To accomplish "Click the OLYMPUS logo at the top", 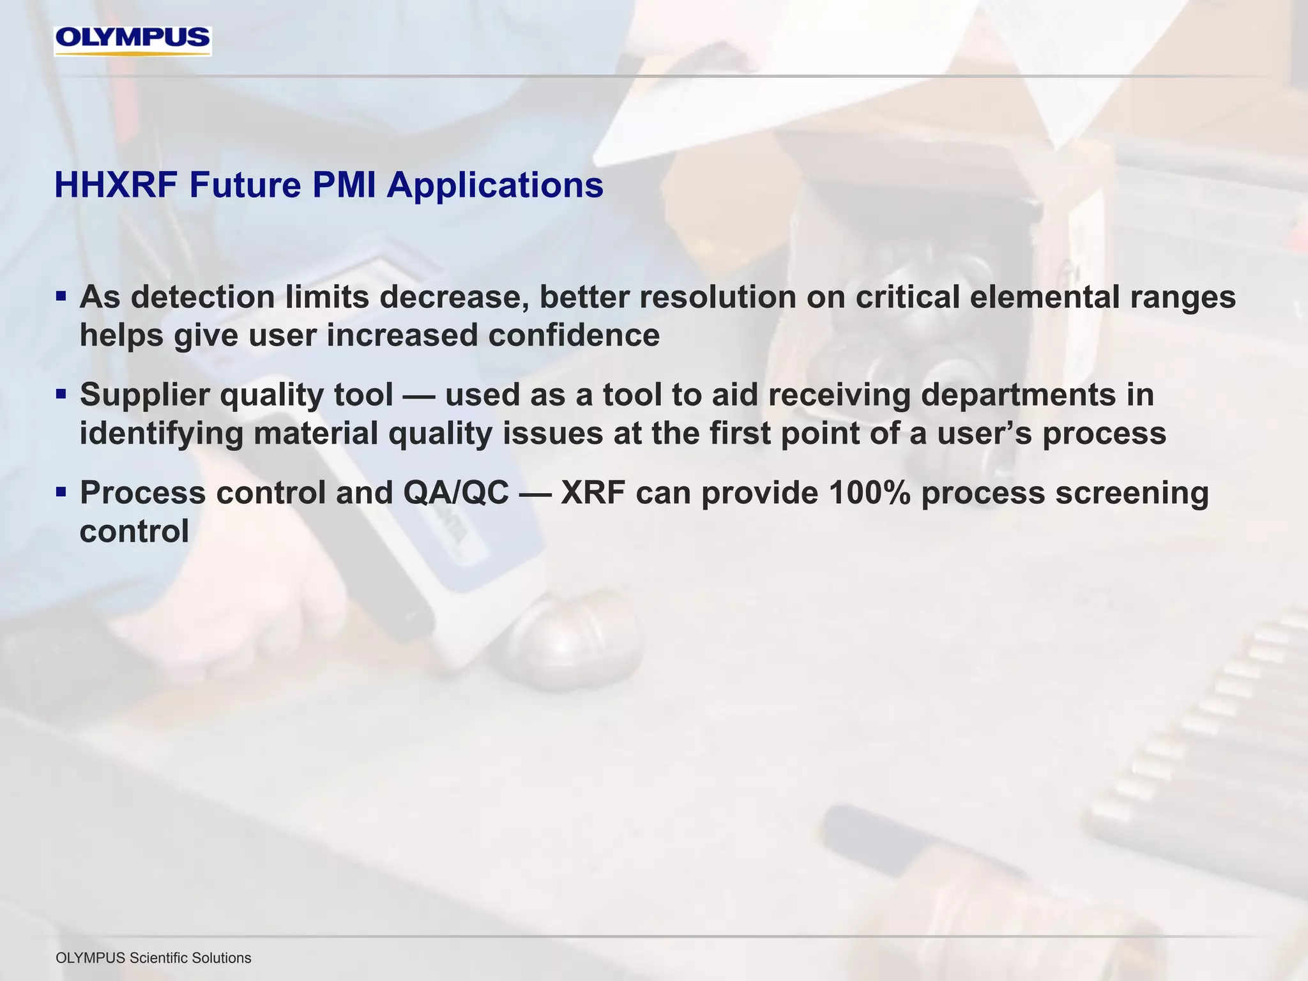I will coord(132,40).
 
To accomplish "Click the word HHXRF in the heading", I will coord(115,186).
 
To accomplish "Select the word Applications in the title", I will coord(494,186).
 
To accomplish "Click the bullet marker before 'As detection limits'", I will coord(61,296).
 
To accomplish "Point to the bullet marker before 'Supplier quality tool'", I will coord(61,394).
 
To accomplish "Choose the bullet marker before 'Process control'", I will coord(61,492).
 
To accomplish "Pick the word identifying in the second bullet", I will coord(161,434).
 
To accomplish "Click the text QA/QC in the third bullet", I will coord(455,493).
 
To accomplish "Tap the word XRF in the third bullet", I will coord(593,493).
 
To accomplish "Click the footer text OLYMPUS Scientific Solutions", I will coord(153,958).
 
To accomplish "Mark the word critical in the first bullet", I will coord(907,298).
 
